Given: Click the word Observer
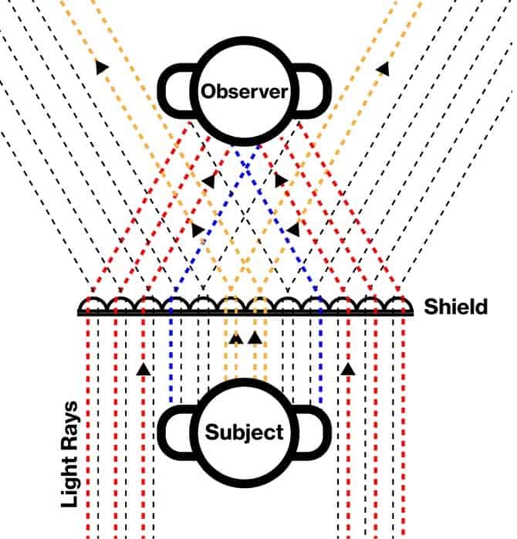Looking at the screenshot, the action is click(x=245, y=92).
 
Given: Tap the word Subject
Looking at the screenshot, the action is click(x=245, y=432).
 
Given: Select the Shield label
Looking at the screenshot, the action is click(x=455, y=307).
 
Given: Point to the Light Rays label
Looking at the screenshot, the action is click(x=69, y=454).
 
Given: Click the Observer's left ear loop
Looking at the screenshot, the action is click(x=162, y=91).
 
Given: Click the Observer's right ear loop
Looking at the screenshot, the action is click(x=326, y=91).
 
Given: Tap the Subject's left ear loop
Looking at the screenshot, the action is click(x=162, y=432).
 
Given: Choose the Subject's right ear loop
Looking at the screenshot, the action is click(x=326, y=432).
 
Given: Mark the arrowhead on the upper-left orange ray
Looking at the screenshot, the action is click(x=102, y=67).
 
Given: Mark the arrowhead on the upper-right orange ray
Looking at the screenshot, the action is click(x=383, y=69).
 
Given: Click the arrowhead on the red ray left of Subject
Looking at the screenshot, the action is click(x=144, y=369).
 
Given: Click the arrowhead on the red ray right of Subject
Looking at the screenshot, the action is click(x=348, y=369).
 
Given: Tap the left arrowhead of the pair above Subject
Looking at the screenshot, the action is click(x=236, y=338).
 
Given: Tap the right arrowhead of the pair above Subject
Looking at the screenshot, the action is click(x=255, y=338).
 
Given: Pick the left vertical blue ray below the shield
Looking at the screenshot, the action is click(x=171, y=358).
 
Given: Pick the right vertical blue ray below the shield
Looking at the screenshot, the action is click(x=321, y=358).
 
